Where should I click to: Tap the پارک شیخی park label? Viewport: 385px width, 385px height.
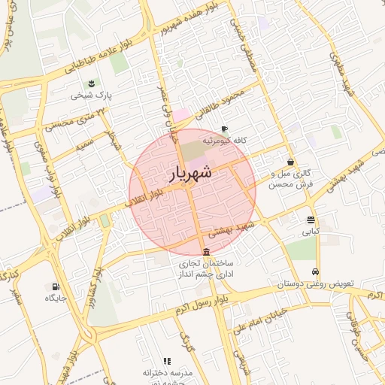tap(91, 96)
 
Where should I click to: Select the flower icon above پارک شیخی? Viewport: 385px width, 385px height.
tap(91, 83)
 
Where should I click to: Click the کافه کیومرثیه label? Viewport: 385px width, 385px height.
tap(224, 141)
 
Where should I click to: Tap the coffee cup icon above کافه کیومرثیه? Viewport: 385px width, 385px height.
tap(224, 129)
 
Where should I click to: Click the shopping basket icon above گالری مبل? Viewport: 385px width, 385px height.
tap(291, 161)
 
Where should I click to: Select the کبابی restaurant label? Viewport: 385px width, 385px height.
tap(311, 232)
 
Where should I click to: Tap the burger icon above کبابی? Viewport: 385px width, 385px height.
tap(311, 220)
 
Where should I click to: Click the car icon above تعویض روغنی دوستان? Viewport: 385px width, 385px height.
tap(316, 271)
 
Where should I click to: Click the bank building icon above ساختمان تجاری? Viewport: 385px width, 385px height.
tap(207, 252)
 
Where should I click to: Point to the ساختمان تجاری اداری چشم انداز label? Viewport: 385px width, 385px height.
tap(207, 270)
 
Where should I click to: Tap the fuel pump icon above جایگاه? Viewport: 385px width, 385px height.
tap(56, 286)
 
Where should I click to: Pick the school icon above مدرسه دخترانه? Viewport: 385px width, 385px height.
tap(167, 362)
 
